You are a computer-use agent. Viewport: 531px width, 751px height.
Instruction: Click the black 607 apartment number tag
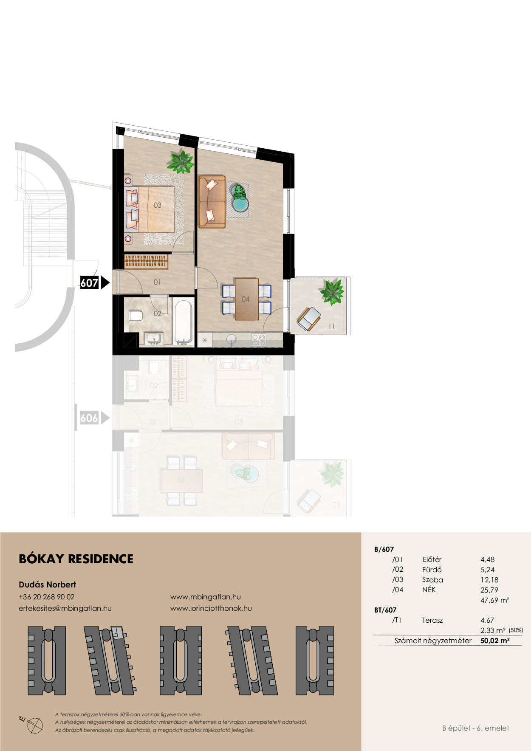pos(90,282)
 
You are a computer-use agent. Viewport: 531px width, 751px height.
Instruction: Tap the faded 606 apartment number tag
pos(89,418)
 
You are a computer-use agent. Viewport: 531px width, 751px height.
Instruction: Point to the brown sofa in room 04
pos(212,202)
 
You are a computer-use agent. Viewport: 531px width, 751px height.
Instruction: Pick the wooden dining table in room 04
pos(246,299)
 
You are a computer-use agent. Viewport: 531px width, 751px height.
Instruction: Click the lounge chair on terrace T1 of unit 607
pos(309,319)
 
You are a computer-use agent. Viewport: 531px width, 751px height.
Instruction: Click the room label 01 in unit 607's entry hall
pos(157,282)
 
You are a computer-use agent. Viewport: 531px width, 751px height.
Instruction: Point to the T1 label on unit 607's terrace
pos(331,326)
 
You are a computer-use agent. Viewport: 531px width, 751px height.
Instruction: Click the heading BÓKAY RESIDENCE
pos(76,559)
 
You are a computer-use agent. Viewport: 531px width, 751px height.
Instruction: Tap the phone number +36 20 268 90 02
pos(47,597)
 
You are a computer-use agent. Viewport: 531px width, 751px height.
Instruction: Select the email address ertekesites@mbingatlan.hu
pos(65,608)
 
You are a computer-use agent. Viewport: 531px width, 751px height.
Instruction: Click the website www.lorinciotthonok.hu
pos(211,608)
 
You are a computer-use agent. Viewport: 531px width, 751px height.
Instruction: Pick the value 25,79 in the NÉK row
pos(489,590)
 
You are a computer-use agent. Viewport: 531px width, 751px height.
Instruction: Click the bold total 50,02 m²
pos(495,641)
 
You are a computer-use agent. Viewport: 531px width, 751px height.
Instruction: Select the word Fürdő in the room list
pos(432,570)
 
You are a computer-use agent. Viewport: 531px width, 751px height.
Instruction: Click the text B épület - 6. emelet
pos(475,728)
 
